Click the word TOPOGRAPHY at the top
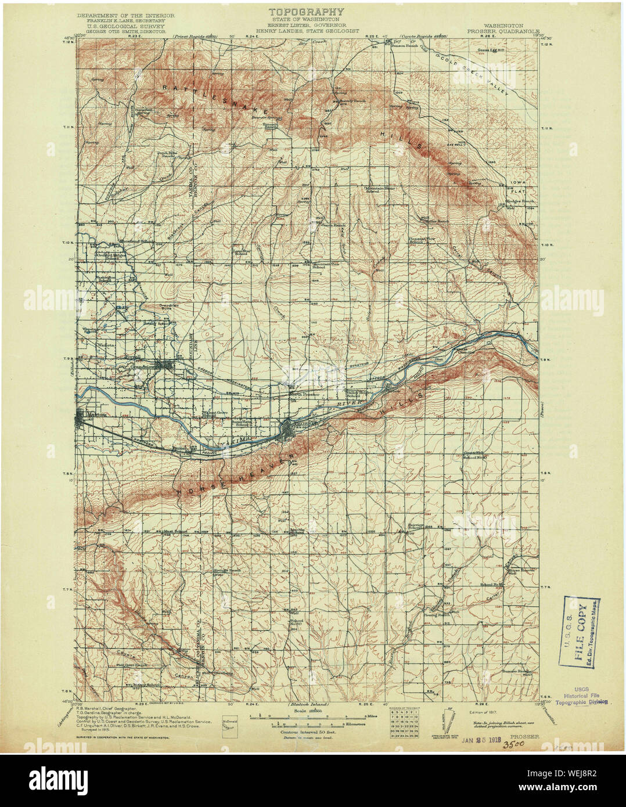pyautogui.click(x=305, y=12)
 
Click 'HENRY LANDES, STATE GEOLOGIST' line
pyautogui.click(x=305, y=32)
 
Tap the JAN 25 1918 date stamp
pyautogui.click(x=480, y=740)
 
